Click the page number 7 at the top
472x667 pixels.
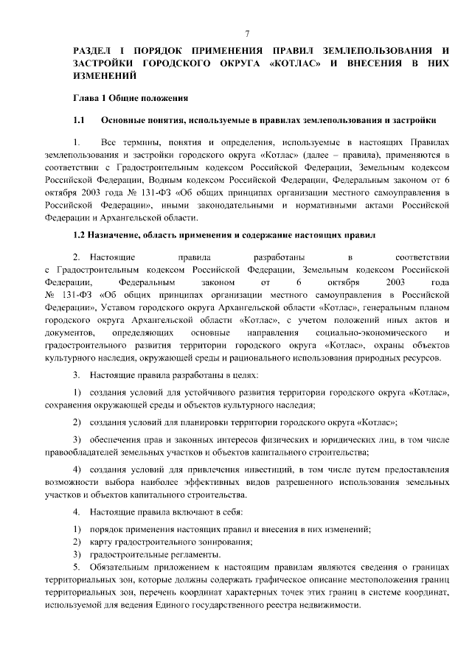[246, 34]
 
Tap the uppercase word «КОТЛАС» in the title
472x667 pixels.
[294, 63]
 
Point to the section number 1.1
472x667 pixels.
[80, 119]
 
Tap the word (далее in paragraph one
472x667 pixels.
[293, 155]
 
